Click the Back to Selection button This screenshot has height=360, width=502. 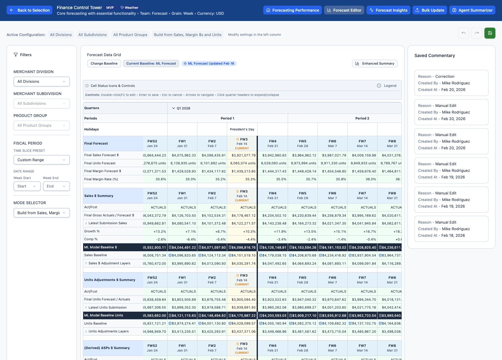pos(29,10)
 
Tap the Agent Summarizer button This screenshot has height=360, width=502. pos(472,10)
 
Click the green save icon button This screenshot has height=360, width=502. pos(490,33)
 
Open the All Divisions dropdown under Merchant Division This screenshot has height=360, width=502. pos(41,82)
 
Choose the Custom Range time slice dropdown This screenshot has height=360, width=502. pos(41,160)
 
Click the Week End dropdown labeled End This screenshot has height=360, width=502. pos(56,186)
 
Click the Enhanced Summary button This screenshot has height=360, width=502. pos(375,63)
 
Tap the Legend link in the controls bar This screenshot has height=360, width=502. pos(387,86)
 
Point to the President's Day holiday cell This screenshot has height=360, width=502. pos(242,129)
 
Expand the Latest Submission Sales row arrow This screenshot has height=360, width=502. pos(86,223)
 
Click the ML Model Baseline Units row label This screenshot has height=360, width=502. pos(104,315)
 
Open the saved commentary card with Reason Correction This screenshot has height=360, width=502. pos(451,83)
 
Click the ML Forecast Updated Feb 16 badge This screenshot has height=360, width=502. pos(209,63)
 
